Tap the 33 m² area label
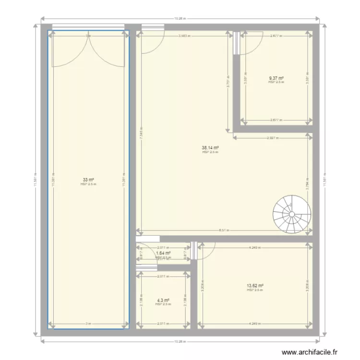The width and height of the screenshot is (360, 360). [88, 180]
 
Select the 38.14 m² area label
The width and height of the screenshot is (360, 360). [210, 148]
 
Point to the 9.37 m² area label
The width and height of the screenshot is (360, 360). [276, 78]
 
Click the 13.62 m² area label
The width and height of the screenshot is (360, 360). [255, 286]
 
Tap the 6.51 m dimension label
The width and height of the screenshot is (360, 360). [224, 230]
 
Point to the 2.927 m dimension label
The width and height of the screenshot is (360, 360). [273, 137]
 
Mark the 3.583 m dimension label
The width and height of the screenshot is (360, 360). [184, 36]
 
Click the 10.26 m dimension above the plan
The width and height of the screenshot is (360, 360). [180, 18]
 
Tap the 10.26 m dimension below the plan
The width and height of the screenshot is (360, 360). [180, 341]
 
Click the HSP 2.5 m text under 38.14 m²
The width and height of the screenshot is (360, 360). [210, 152]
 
